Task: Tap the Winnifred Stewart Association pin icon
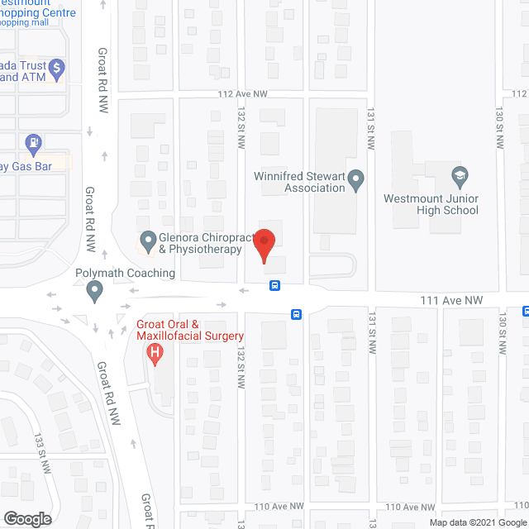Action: (355, 178)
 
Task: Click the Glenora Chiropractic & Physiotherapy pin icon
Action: (148, 241)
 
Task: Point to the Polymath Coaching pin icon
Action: (94, 290)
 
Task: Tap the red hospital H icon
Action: (154, 355)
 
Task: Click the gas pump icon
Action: (33, 144)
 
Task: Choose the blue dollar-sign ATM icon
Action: (56, 67)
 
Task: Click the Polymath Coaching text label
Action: (124, 273)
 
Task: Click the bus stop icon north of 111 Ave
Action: (274, 286)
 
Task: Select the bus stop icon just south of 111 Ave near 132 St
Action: (295, 314)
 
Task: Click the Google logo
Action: (26, 518)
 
